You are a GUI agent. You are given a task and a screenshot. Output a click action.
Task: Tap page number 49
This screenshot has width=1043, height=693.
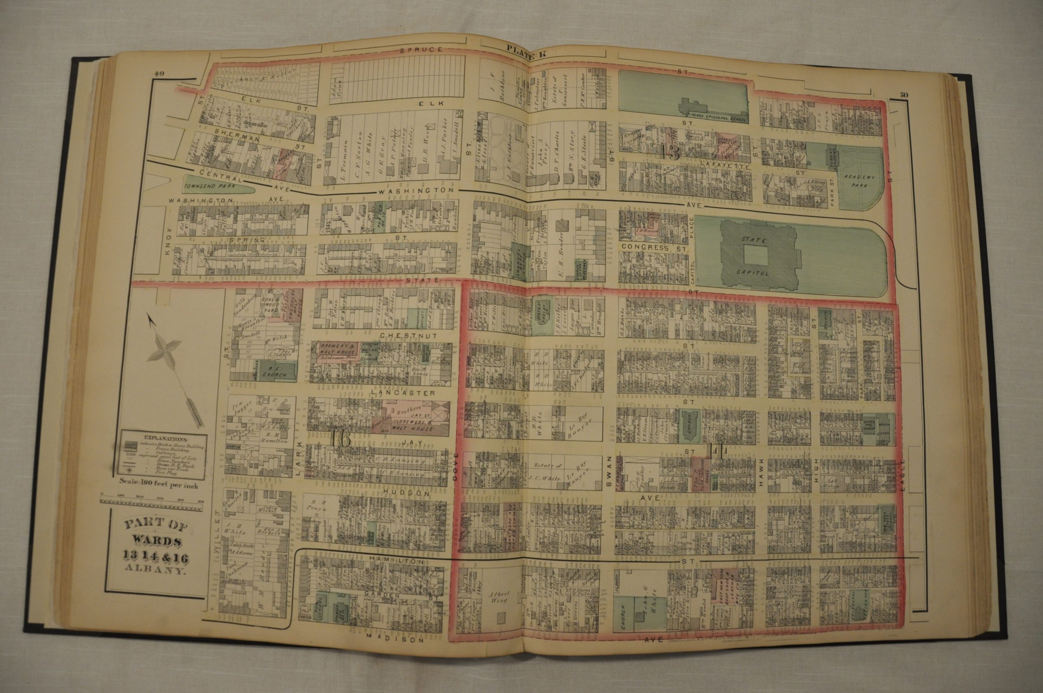click(x=159, y=74)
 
